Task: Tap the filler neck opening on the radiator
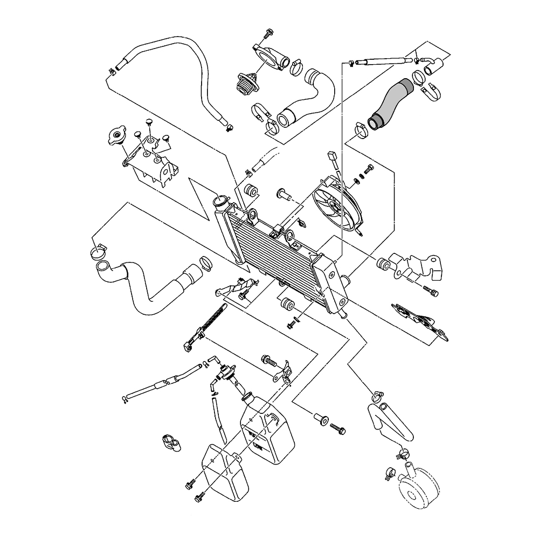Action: tap(220, 204)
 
